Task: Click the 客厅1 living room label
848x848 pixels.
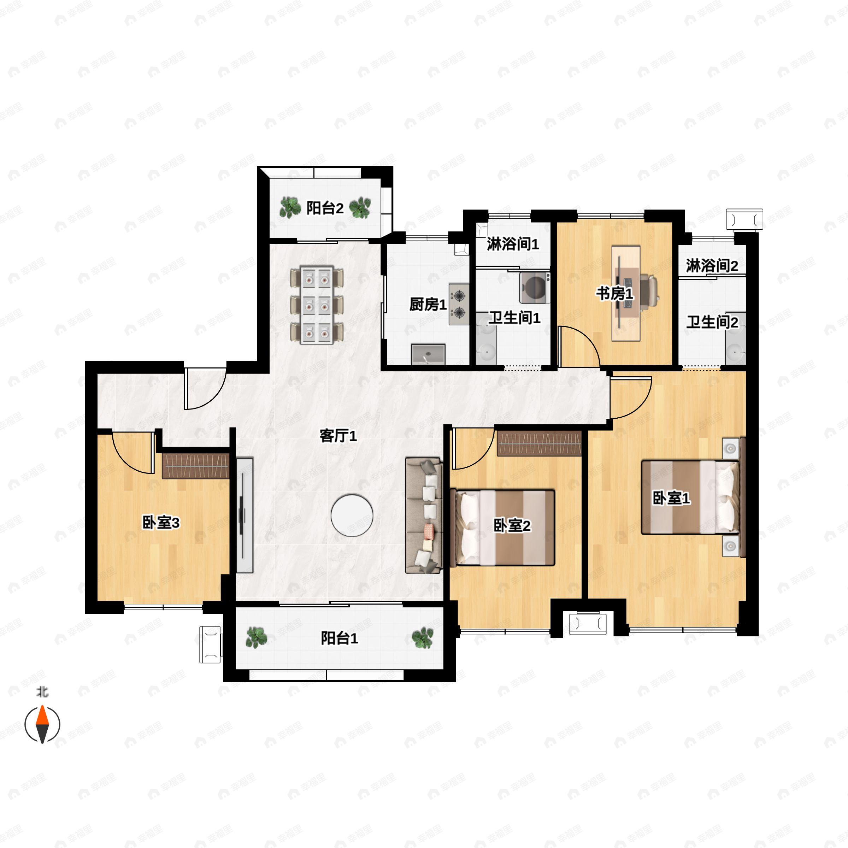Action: tap(338, 436)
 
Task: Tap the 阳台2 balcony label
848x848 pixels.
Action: tap(325, 208)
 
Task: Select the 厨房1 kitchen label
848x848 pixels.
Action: tap(428, 304)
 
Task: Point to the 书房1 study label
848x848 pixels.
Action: tap(614, 293)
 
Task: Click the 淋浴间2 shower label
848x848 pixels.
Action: tap(712, 266)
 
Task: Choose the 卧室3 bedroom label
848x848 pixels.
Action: tap(161, 522)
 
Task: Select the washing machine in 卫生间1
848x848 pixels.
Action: tap(535, 288)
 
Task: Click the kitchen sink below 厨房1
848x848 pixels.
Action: tap(428, 354)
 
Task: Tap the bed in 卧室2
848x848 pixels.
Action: tap(502, 528)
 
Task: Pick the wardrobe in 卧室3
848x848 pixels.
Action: tap(196, 466)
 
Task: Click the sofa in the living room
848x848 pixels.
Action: tap(424, 516)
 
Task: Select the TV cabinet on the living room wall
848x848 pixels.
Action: tap(245, 515)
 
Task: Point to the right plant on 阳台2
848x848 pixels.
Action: tap(360, 208)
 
